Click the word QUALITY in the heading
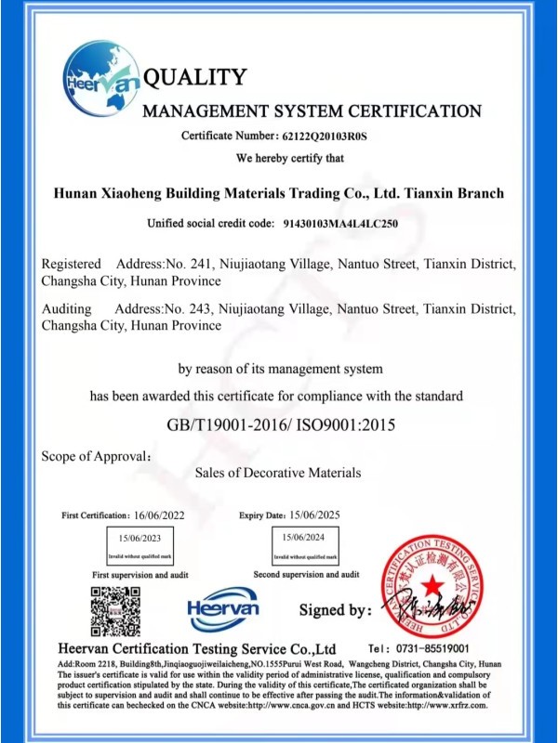tap(195, 77)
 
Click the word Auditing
tap(67, 308)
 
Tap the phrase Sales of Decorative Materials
tap(278, 473)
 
